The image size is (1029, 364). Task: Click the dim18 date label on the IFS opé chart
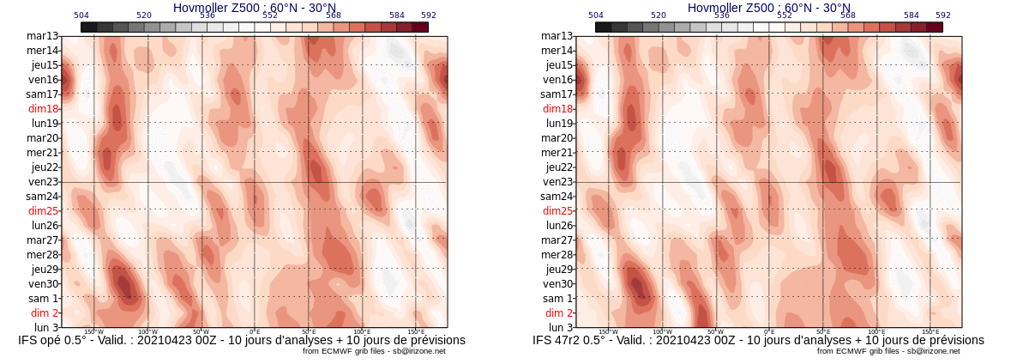point(43,109)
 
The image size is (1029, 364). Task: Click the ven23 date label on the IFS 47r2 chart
point(557,182)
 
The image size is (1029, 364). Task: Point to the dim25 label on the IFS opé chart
point(43,211)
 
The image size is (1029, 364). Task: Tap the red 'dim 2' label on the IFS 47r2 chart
point(559,313)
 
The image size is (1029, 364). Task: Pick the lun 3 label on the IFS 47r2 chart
point(561,328)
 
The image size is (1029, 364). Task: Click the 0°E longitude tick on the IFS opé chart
point(255,331)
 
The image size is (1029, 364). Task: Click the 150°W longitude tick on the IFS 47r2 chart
point(608,331)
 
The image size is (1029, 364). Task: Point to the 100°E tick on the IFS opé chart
point(362,331)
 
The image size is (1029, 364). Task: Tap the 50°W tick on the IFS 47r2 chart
point(715,331)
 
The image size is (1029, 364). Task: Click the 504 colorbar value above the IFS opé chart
point(81,15)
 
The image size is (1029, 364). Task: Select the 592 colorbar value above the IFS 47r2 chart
point(943,15)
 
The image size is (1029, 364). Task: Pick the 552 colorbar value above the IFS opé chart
point(270,15)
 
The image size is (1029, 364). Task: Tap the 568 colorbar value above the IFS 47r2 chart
point(848,15)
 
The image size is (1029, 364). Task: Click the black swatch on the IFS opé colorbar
point(88,27)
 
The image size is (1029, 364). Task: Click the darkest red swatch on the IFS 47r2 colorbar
point(935,27)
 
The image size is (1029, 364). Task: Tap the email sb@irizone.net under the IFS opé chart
point(418,351)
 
